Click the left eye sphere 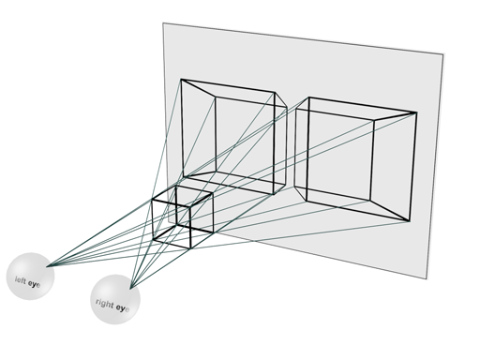tap(30, 275)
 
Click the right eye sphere tap(115, 298)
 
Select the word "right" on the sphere tap(105, 302)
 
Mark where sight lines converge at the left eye tap(49, 265)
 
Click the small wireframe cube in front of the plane tap(182, 216)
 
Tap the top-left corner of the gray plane tap(164, 23)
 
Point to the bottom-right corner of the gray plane tap(428, 277)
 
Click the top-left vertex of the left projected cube tap(182, 80)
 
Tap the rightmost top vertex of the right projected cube tap(416, 113)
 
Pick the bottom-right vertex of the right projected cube tap(410, 222)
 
